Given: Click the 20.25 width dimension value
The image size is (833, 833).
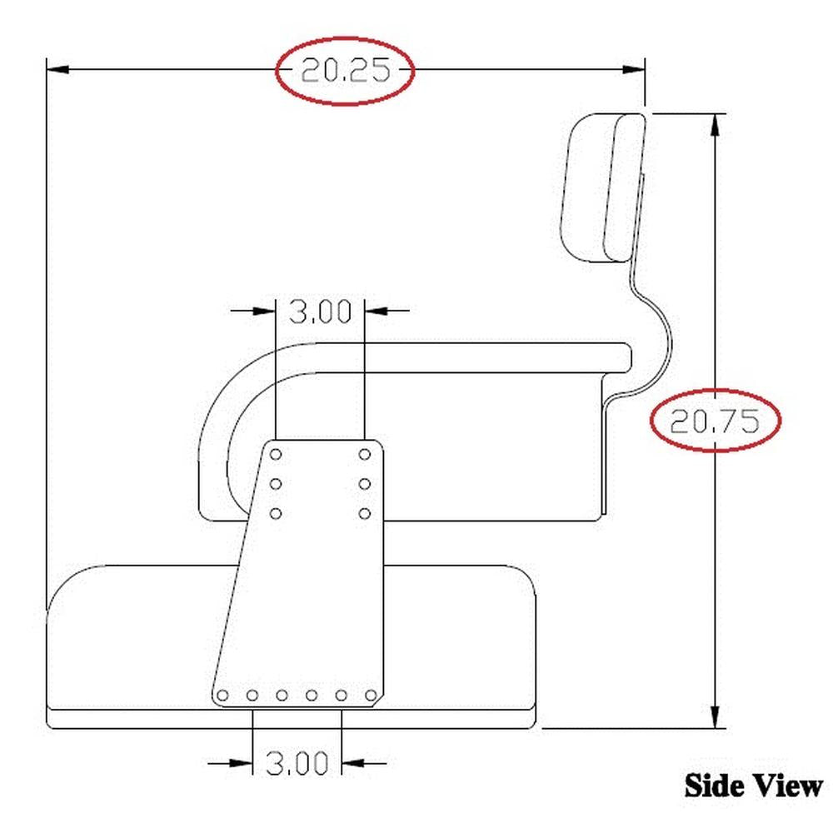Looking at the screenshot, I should coord(345,71).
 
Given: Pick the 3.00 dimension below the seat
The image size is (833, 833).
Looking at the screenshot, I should coord(297,762).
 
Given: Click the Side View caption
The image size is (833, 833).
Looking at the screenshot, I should coord(753,785).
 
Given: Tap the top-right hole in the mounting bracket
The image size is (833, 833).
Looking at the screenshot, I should coord(365,454).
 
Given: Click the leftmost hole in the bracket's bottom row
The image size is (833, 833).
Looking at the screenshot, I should coord(222,696).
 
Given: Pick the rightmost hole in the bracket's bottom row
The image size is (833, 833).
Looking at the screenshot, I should coord(372,696).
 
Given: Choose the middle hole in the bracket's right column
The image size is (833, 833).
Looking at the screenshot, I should coord(365,483).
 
